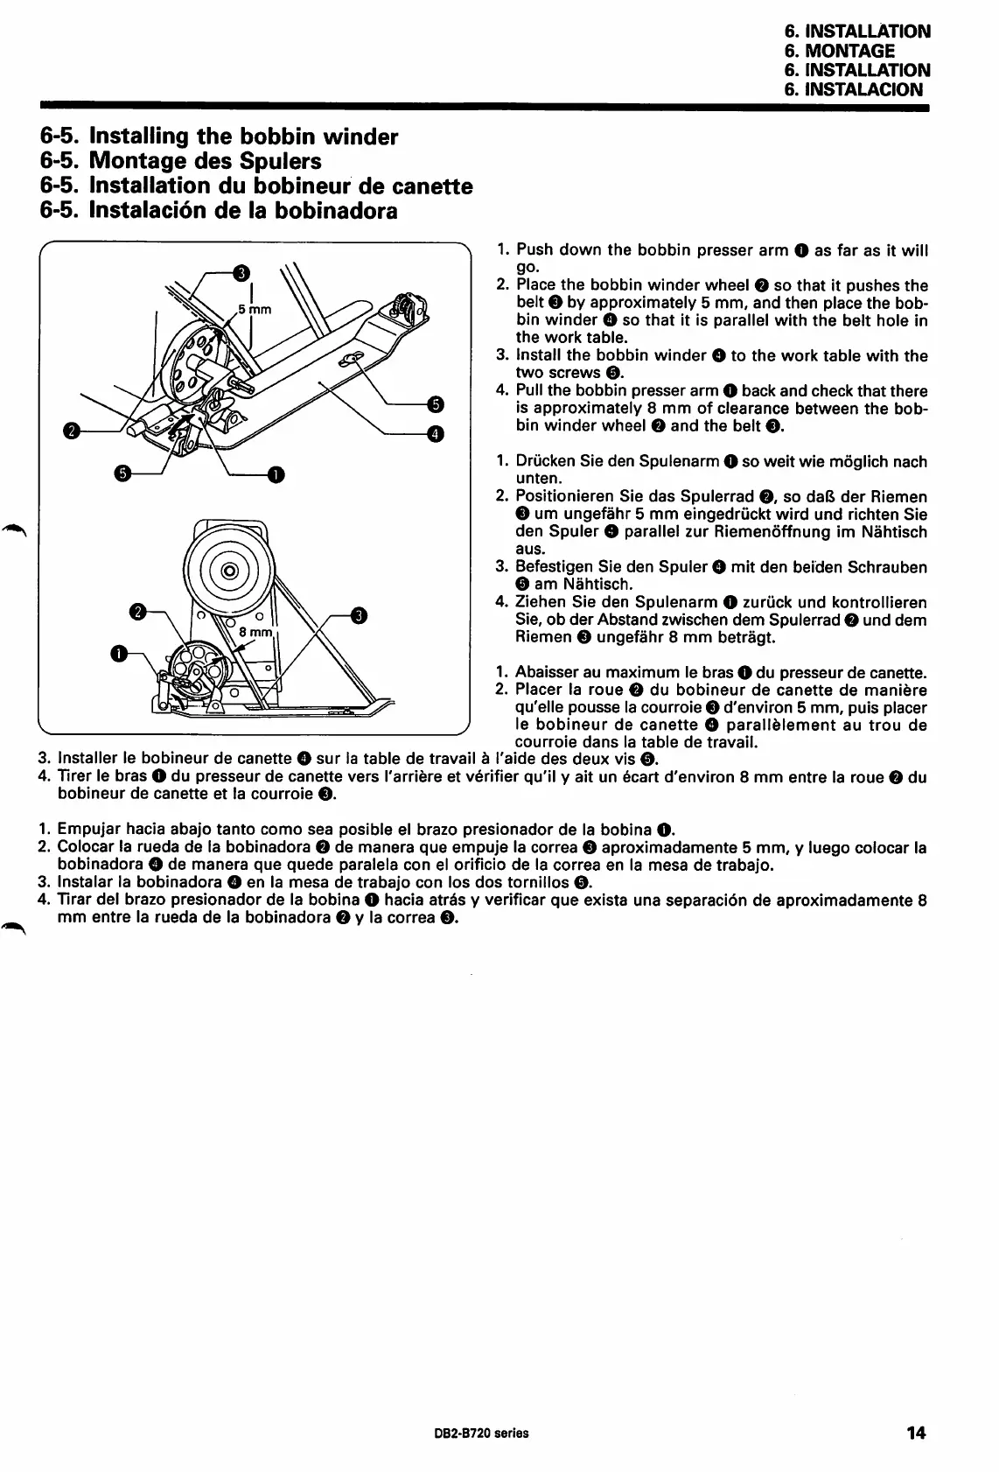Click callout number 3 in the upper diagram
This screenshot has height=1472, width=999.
coord(240,272)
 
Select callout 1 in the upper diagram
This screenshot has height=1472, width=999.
coord(276,474)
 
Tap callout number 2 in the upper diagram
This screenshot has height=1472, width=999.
coord(72,430)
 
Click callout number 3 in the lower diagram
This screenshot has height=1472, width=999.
coord(358,615)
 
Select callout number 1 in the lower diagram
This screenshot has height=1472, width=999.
coord(118,653)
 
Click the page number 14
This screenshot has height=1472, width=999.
coord(916,1433)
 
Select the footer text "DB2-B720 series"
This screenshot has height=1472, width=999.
coord(475,1433)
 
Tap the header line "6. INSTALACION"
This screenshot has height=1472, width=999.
coord(853,89)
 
